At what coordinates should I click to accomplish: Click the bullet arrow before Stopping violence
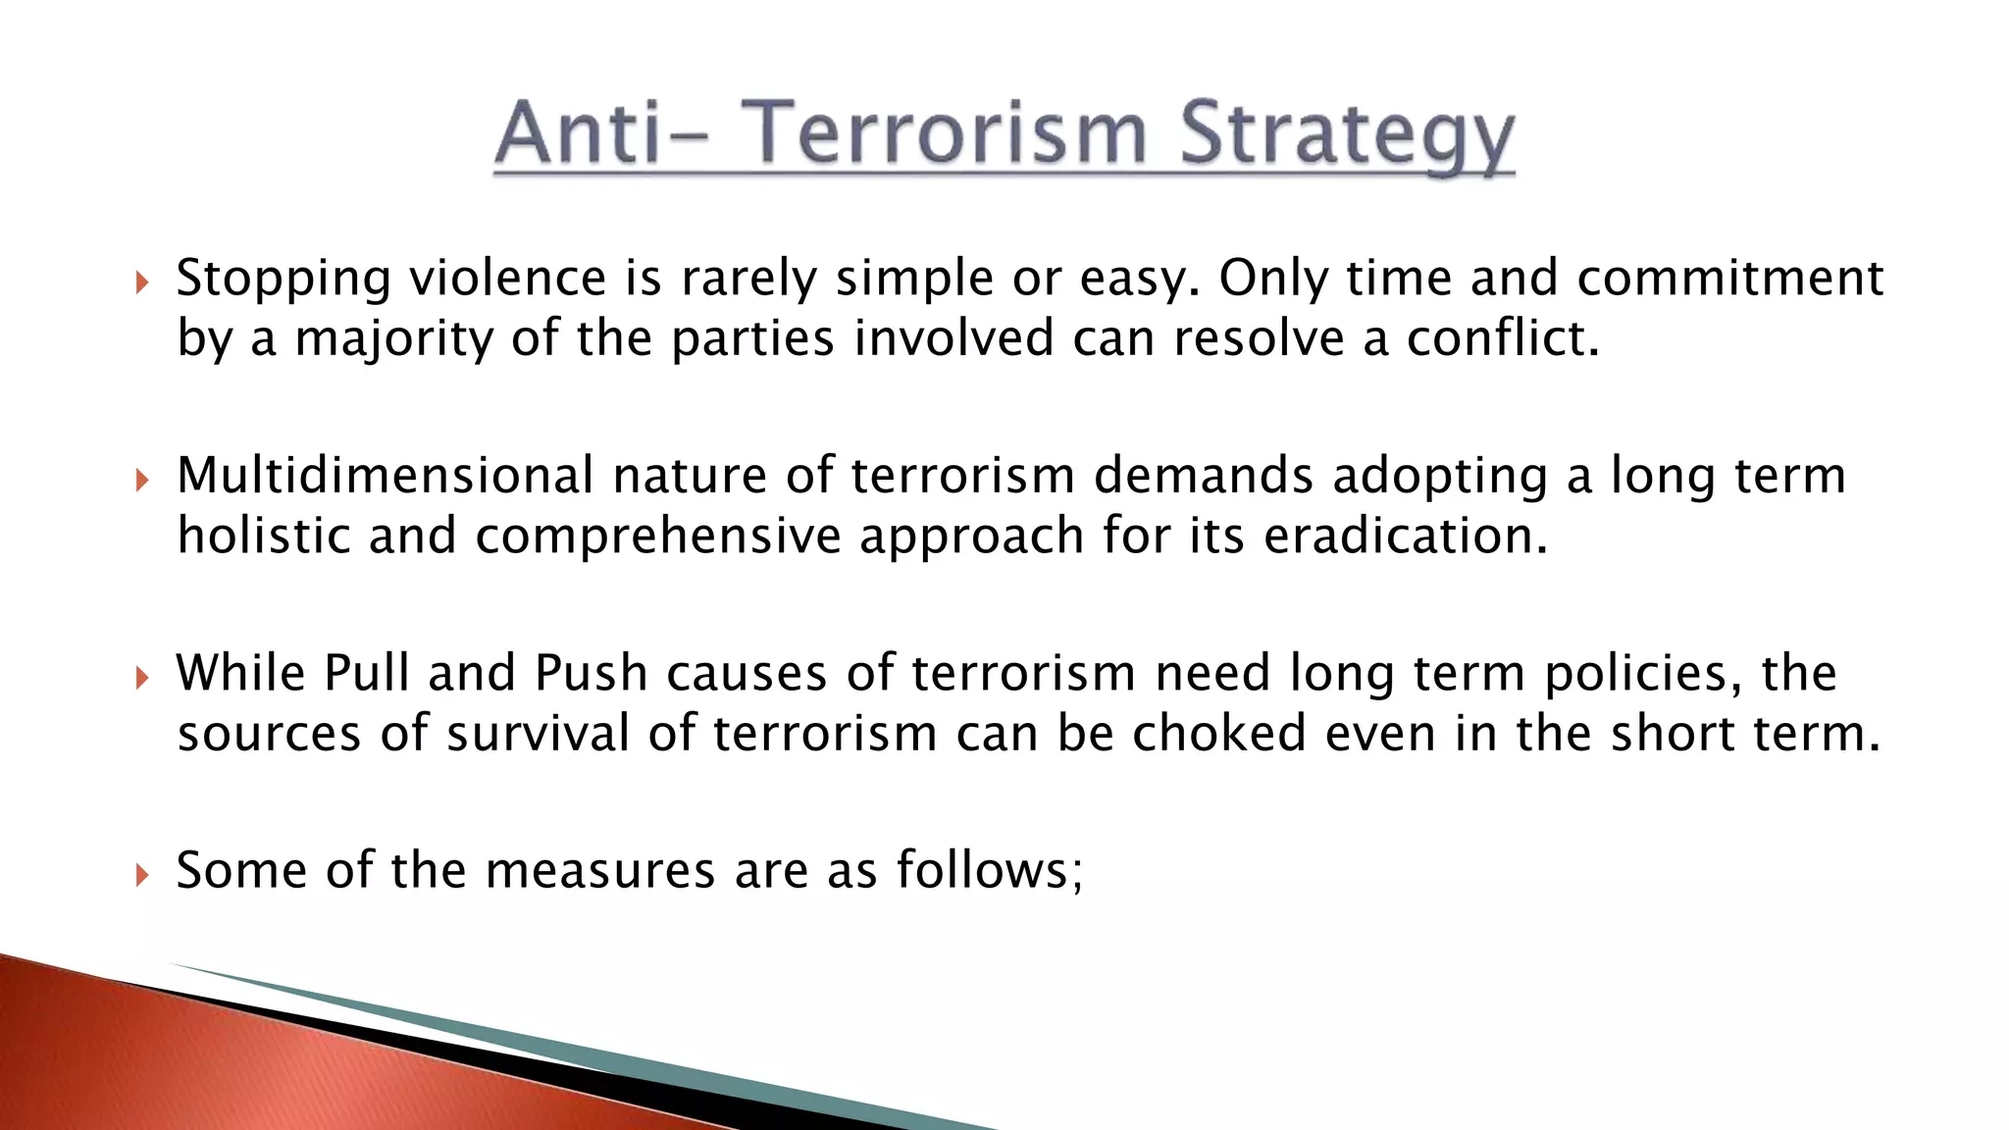click(x=142, y=283)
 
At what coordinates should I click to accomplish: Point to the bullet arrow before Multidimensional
click(x=142, y=481)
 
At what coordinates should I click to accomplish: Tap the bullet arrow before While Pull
click(x=142, y=678)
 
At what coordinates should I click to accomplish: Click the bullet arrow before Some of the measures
click(x=142, y=875)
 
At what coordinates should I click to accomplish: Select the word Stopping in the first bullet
click(x=283, y=279)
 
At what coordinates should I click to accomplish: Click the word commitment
click(x=1729, y=279)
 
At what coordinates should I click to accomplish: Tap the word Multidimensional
click(x=385, y=476)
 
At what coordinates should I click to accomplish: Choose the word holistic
click(x=263, y=537)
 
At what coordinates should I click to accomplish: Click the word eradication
click(x=1404, y=537)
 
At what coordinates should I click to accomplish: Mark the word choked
click(x=1219, y=734)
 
